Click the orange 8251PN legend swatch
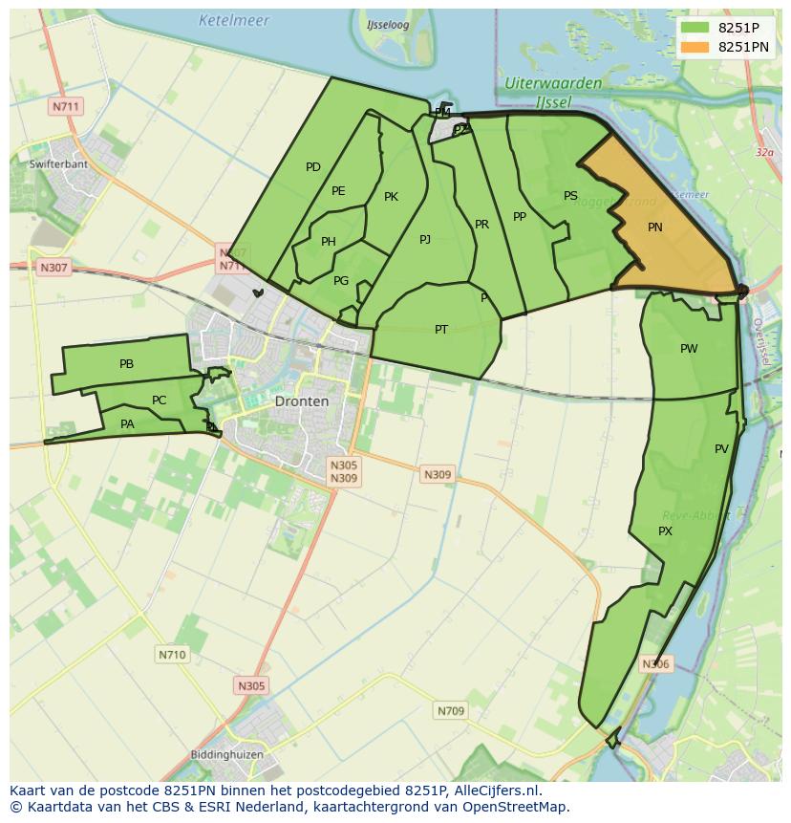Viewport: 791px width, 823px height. (x=695, y=47)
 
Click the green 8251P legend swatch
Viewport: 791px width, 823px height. (x=695, y=28)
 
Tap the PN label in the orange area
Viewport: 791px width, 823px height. (x=655, y=227)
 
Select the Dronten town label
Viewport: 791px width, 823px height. (x=301, y=401)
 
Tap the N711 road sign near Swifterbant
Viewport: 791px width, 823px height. (x=66, y=106)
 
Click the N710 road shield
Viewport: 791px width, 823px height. (x=172, y=655)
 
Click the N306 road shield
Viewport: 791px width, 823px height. (x=655, y=664)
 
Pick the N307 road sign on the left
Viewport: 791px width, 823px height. (x=53, y=268)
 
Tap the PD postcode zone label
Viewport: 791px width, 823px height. (x=313, y=167)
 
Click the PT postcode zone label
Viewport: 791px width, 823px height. (x=441, y=330)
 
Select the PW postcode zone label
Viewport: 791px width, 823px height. (x=689, y=349)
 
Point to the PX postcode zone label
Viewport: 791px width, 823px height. (x=666, y=531)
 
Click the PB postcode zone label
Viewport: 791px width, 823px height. (x=126, y=364)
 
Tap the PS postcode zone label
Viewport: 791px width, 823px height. (x=570, y=196)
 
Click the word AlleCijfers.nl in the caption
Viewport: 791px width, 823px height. (x=496, y=791)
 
